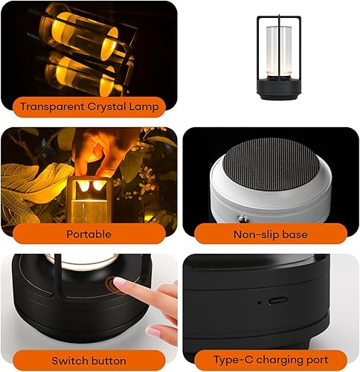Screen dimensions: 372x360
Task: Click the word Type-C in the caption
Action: pos(228,360)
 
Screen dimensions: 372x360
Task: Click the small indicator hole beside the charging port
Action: pos(258,303)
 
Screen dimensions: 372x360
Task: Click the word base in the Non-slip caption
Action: pos(295,234)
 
